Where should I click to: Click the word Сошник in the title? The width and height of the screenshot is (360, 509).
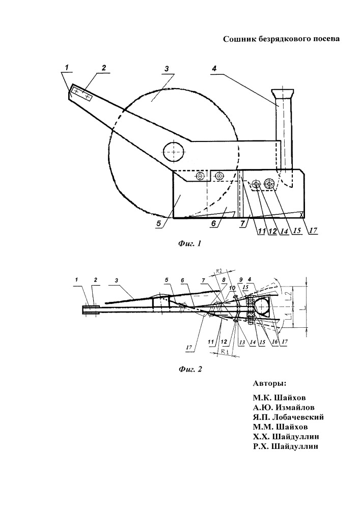pos(239,39)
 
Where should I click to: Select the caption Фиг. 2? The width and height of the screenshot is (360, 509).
pos(190,369)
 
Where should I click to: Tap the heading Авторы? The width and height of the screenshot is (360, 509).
pos(269,383)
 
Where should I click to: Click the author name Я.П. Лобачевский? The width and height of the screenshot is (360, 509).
pos(289,417)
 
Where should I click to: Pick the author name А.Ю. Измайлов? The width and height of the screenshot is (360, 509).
pos(284,407)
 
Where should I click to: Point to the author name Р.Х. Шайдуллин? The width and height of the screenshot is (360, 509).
pos(286,446)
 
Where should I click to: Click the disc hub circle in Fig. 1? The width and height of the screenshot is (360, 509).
pos(174,152)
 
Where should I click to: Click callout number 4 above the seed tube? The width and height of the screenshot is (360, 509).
pos(214,69)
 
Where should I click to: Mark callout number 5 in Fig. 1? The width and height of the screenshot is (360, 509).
pos(159,223)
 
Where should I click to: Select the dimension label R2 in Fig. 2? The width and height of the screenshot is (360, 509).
pos(220,270)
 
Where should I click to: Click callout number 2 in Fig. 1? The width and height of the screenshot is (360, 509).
pos(103,68)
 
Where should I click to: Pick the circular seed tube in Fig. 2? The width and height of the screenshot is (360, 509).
pos(261,306)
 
